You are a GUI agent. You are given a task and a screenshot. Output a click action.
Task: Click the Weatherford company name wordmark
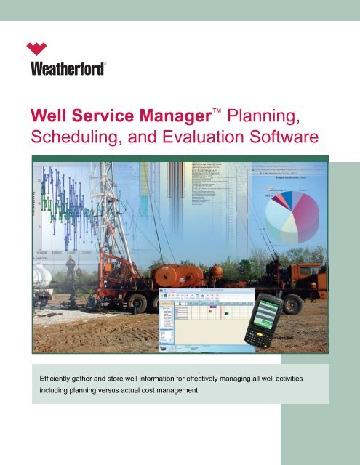[68, 69]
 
